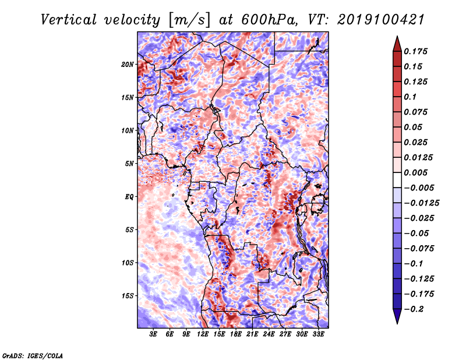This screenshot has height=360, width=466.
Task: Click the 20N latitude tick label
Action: [128, 64]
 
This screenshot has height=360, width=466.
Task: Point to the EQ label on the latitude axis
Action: [129, 197]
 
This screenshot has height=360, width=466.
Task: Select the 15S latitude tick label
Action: [127, 296]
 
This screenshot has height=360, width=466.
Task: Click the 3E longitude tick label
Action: [154, 335]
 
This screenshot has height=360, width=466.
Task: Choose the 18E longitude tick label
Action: [236, 335]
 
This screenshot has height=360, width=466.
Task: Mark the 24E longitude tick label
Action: [269, 335]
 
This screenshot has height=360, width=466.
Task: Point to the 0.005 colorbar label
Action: [418, 172]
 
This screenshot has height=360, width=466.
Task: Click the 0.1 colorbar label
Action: [412, 97]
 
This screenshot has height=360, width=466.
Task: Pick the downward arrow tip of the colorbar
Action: [396, 322]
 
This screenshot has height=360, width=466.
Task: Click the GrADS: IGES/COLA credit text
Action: [32, 355]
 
